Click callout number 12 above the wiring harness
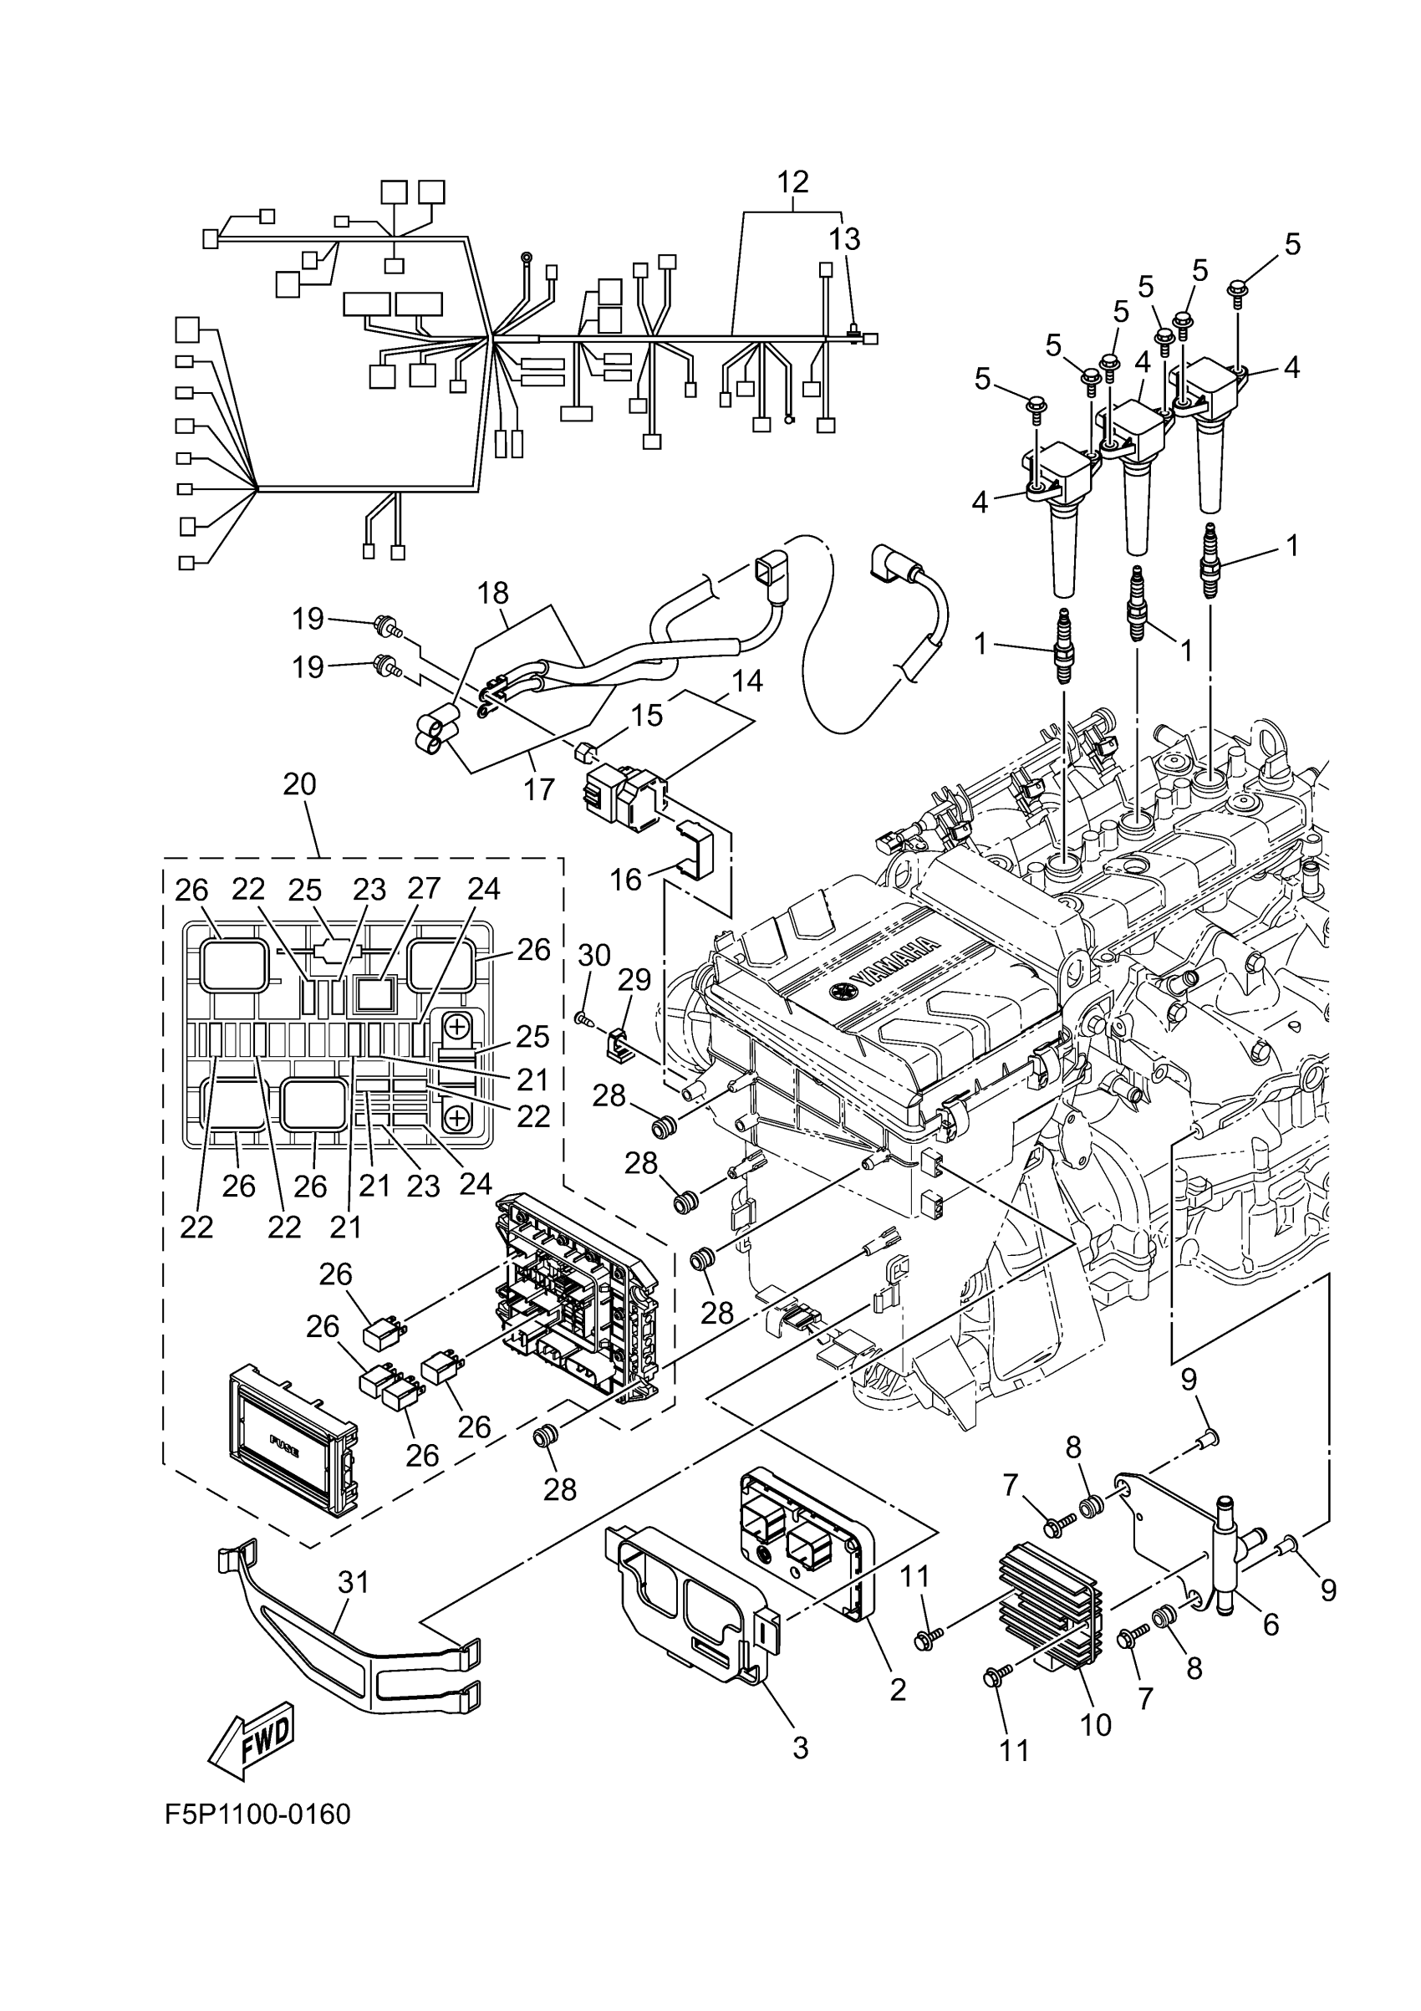point(792,182)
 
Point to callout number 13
point(845,238)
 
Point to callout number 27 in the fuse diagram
point(424,889)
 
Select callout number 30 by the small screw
point(593,955)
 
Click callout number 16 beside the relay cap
point(626,879)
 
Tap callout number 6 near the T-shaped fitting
point(1271,1625)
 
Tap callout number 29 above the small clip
point(635,979)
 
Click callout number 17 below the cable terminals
point(539,789)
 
